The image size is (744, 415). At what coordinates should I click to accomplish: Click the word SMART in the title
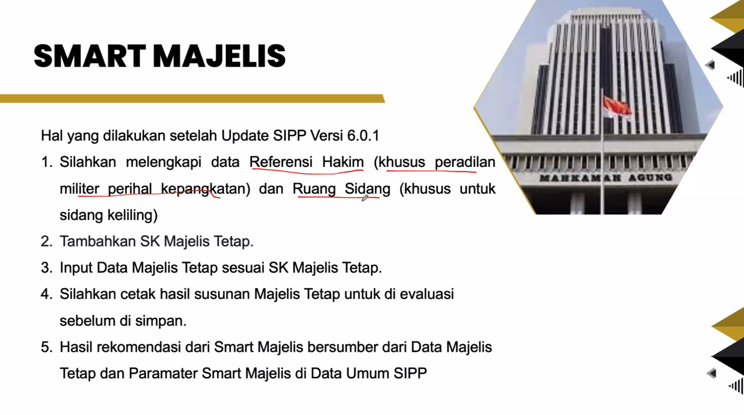click(x=90, y=56)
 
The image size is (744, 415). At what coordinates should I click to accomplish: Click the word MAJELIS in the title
click(x=219, y=56)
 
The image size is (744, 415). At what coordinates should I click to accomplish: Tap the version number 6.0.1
click(x=363, y=136)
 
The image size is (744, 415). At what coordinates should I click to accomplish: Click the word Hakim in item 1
click(x=343, y=162)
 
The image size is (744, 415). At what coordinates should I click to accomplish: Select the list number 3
click(x=46, y=268)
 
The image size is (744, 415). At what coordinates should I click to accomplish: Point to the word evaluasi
click(x=427, y=294)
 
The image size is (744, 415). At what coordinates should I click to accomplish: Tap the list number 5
click(x=46, y=347)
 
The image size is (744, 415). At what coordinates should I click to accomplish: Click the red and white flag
click(x=617, y=107)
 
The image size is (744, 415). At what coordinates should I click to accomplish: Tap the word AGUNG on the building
click(x=650, y=178)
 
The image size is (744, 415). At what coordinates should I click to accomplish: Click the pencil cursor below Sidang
click(x=365, y=198)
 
